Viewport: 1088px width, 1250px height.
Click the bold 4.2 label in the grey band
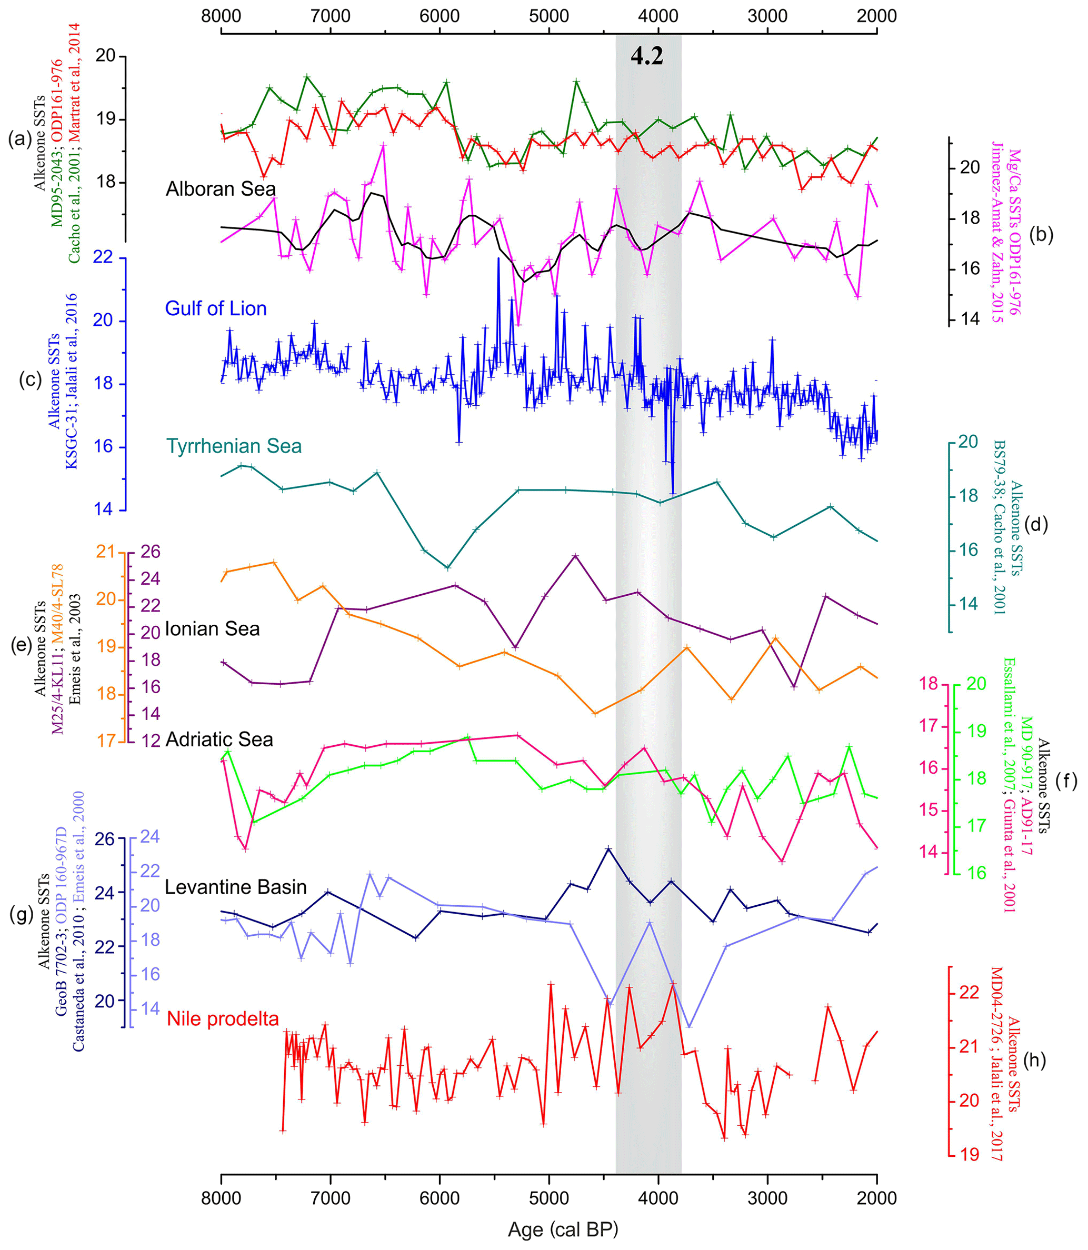coord(646,56)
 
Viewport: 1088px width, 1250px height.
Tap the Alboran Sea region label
coord(221,189)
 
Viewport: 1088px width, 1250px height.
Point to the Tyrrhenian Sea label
coord(234,446)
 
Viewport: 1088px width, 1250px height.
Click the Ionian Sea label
coord(212,628)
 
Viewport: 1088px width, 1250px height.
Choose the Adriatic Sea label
coord(218,739)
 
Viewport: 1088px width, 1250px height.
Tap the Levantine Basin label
coord(236,887)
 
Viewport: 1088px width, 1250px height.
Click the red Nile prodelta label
coord(223,1019)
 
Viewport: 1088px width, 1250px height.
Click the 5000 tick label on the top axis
coord(548,16)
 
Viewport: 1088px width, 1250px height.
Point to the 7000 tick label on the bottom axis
coord(330,1198)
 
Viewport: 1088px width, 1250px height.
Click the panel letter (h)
coord(1034,1059)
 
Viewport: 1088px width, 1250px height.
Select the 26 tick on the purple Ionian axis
coord(151,552)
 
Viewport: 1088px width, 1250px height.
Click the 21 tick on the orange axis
coord(106,552)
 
